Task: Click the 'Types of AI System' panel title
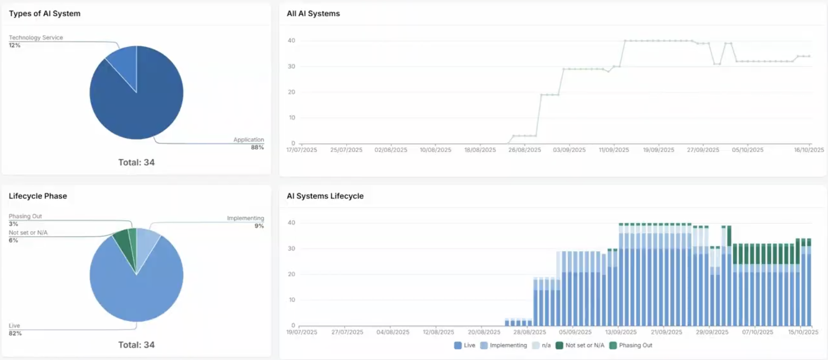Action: [x=45, y=13]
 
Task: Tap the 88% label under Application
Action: [x=257, y=147]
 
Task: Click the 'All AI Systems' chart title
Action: [x=313, y=13]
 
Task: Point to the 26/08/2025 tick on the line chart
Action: [x=525, y=150]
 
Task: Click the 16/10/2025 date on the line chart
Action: [x=809, y=150]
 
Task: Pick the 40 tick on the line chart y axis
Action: [x=291, y=41]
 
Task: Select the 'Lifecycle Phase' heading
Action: [x=38, y=196]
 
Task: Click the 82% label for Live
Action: [x=15, y=334]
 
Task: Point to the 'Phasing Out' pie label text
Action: [x=25, y=216]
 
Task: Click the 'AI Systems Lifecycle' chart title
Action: [x=325, y=196]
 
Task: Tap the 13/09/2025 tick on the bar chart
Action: [x=621, y=332]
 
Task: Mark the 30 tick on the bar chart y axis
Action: [x=291, y=249]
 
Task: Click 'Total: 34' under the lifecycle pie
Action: [x=136, y=345]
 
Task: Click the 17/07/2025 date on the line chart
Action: [x=301, y=150]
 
